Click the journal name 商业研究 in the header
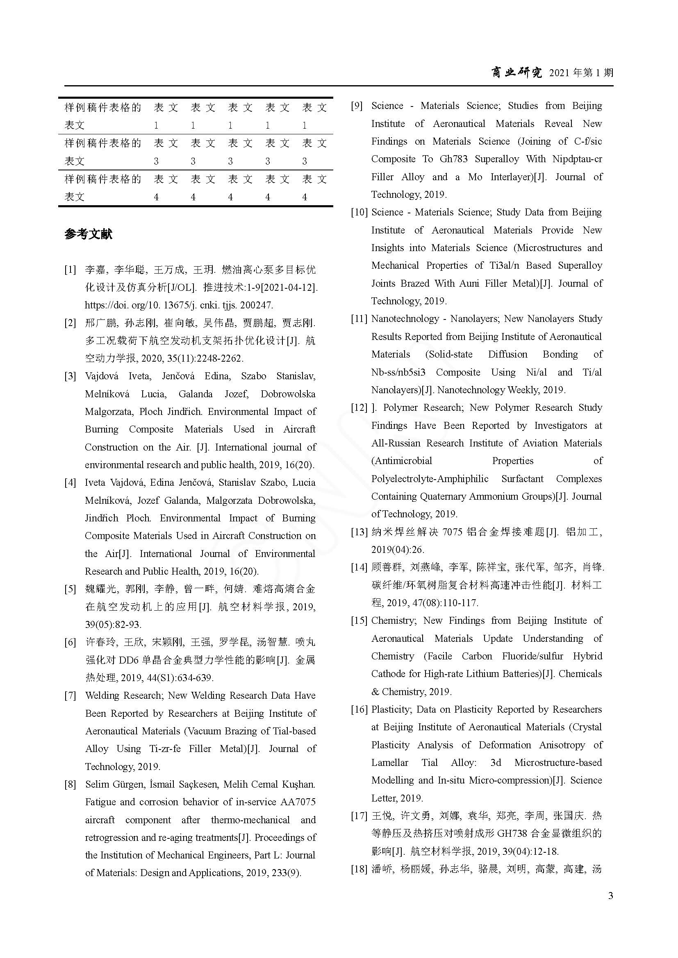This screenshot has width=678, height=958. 516,72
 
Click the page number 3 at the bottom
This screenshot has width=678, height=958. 610,895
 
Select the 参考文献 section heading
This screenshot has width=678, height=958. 89,234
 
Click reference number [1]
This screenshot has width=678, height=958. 70,270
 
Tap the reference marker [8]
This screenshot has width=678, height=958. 70,784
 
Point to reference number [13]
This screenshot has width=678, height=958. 359,532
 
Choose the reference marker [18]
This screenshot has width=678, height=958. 359,869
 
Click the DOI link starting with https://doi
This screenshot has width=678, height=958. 179,305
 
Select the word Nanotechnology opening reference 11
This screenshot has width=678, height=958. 405,319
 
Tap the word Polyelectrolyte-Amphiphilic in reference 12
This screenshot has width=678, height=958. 430,478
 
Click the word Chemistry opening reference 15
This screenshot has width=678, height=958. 393,621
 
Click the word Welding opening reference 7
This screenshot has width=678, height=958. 102,695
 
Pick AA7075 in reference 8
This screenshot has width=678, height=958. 298,802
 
